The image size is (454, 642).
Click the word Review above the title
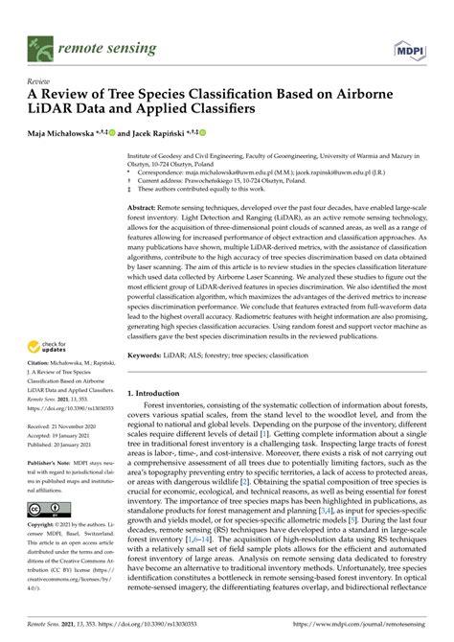click(40, 82)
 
